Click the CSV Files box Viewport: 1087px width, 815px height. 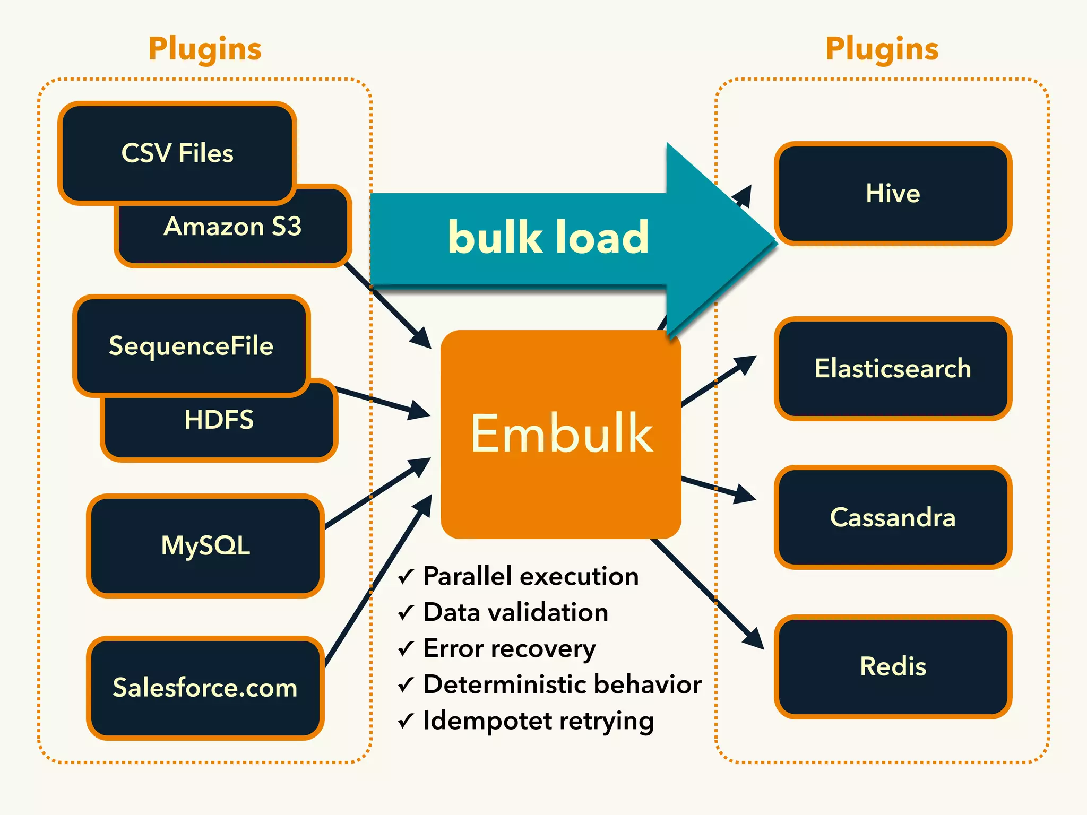(x=177, y=153)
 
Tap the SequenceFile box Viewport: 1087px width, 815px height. (x=191, y=346)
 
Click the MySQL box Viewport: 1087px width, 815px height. (x=205, y=545)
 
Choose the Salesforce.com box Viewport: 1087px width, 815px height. (x=205, y=688)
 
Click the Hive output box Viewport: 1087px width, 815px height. (x=893, y=193)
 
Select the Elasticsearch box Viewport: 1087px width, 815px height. (x=893, y=368)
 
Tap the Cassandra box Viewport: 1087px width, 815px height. (x=893, y=517)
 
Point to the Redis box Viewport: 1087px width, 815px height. (x=893, y=666)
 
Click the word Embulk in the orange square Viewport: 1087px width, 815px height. (x=562, y=433)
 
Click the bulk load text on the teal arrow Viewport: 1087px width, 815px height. (x=548, y=237)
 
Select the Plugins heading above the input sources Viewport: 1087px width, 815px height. (x=205, y=49)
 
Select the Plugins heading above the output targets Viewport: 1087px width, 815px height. (x=882, y=49)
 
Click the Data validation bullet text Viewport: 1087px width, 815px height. (x=515, y=612)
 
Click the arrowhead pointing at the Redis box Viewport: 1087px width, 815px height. (x=754, y=638)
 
